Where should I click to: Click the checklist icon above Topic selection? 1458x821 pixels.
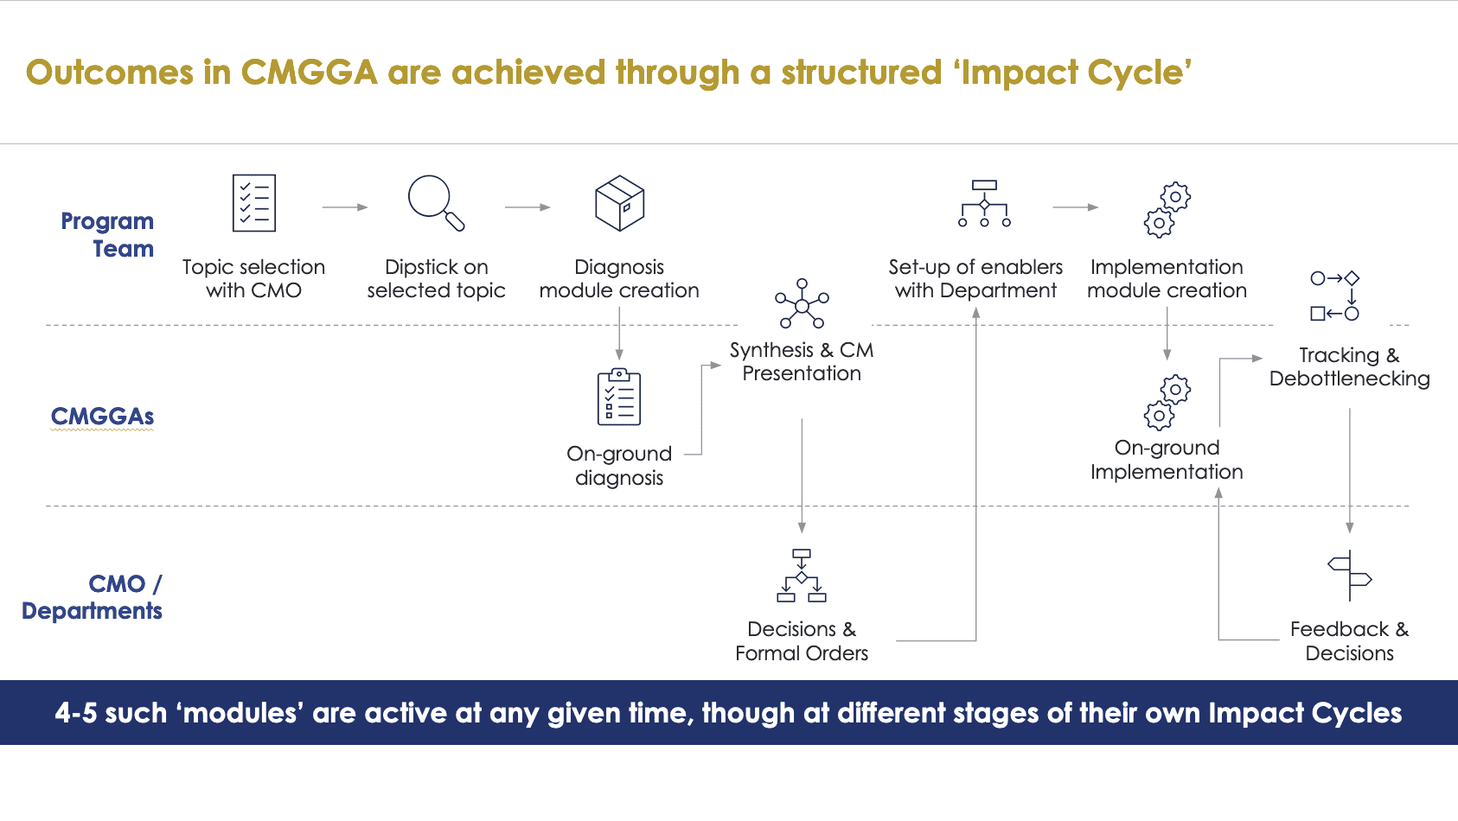254,203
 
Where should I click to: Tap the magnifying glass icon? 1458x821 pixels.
436,203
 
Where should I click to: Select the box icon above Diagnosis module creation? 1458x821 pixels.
620,203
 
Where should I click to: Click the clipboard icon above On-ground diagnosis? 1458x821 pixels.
619,397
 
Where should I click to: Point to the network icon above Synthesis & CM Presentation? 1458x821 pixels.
802,304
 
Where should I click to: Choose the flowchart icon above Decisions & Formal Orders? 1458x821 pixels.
802,576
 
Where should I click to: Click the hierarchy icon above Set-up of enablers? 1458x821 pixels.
984,204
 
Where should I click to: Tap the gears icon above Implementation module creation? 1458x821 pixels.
1167,209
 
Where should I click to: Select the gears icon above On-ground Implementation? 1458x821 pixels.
1167,402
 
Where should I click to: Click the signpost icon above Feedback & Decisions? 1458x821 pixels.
1350,576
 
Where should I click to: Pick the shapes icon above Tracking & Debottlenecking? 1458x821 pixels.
1335,296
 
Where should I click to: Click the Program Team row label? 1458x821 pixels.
107,235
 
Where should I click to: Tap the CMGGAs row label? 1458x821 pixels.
102,417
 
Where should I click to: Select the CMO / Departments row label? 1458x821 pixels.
92,597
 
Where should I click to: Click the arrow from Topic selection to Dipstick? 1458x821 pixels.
345,207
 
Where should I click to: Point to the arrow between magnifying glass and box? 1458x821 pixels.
528,207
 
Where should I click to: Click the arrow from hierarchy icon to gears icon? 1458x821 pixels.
1075,207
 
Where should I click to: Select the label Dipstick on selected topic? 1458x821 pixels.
436,278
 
